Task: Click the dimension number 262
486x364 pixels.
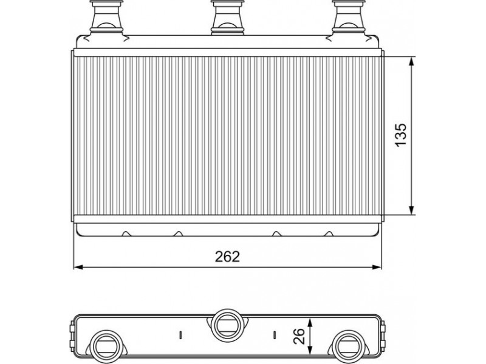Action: click(227, 257)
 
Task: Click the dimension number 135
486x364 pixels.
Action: click(400, 135)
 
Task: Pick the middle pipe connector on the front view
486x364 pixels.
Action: click(227, 17)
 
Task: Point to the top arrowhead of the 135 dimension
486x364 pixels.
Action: click(412, 61)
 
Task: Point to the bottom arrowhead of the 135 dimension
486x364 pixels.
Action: click(412, 210)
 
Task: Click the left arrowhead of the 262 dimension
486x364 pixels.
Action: click(79, 267)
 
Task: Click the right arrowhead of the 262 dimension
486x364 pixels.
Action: click(376, 267)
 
